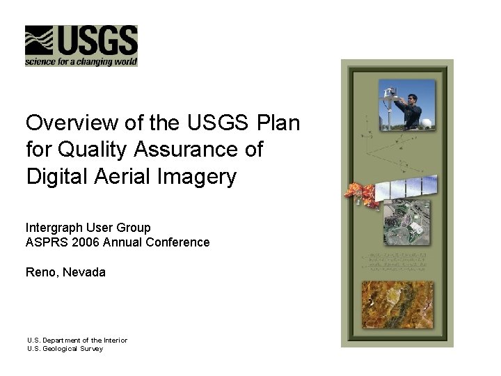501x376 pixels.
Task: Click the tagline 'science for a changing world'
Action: click(81, 62)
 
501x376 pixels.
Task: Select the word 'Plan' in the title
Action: click(278, 123)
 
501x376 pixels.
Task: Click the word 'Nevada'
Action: click(85, 272)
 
